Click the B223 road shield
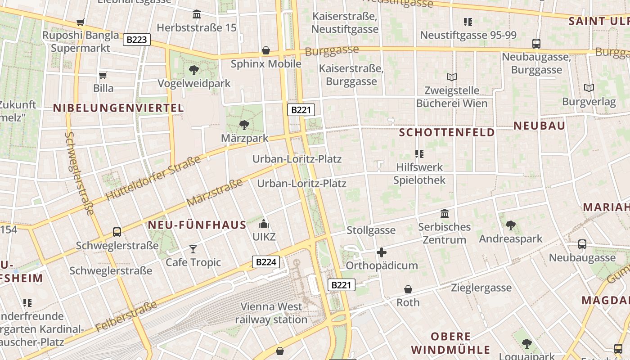click(x=137, y=40)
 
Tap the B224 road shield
click(x=265, y=262)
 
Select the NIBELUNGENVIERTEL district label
click(x=119, y=108)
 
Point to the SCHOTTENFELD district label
click(x=447, y=132)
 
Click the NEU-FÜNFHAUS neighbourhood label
click(x=197, y=225)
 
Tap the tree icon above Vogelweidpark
click(x=194, y=70)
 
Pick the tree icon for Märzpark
click(x=244, y=125)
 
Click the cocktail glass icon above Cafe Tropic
click(x=193, y=249)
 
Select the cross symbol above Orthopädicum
click(x=382, y=252)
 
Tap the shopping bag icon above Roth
click(x=408, y=289)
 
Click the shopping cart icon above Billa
click(x=103, y=75)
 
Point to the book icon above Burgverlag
click(x=589, y=88)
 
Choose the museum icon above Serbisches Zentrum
click(x=445, y=213)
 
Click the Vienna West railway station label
click(x=271, y=313)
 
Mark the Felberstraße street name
click(x=126, y=316)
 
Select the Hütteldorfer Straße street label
click(x=153, y=178)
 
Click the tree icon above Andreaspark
click(x=510, y=225)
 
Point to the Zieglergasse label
click(x=481, y=288)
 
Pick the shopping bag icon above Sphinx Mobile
click(x=266, y=50)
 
